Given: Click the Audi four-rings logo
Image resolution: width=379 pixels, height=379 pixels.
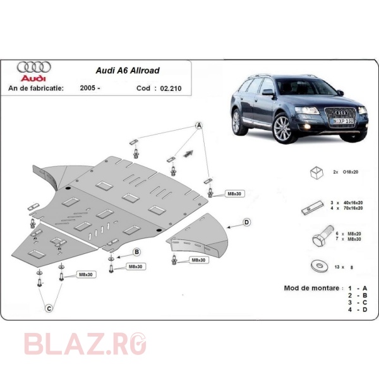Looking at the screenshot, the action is [34, 67].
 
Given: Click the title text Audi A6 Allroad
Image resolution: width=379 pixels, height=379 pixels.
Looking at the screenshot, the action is [128, 71].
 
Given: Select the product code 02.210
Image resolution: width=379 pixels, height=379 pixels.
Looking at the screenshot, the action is [171, 88].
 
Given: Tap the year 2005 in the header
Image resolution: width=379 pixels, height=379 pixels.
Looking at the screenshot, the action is [88, 88].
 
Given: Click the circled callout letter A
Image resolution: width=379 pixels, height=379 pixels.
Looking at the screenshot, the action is [199, 126].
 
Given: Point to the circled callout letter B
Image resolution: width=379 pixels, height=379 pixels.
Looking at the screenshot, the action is [137, 252].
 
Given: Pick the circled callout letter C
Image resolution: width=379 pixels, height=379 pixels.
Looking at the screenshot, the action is [49, 308].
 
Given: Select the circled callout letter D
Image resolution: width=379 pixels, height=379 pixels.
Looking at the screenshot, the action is [246, 222].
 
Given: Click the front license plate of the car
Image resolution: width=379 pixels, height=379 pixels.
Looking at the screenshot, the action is [343, 121].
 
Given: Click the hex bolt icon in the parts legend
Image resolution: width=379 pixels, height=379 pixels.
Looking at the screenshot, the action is [323, 236].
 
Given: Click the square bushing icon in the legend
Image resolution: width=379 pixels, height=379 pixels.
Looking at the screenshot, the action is [316, 172].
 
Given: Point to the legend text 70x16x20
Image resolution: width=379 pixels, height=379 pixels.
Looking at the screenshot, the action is [353, 208].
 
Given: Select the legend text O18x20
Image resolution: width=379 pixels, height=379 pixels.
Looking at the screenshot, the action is [350, 172].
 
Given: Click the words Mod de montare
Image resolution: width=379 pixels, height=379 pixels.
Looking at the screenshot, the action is [312, 288].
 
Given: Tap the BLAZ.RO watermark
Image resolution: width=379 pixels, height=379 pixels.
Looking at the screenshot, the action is [85, 344].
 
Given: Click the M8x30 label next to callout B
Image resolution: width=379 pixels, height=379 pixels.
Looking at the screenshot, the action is [135, 267].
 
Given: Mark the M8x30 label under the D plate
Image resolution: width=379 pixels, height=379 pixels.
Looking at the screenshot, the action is [198, 260].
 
